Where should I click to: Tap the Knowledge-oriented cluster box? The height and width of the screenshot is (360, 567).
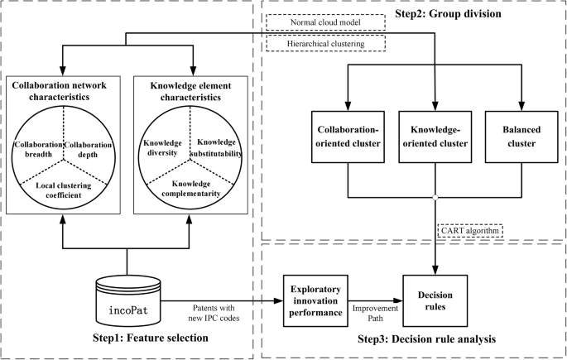[x=435, y=136]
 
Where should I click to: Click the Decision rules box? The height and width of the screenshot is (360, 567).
[x=435, y=295]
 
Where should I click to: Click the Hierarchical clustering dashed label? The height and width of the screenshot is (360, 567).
[x=329, y=43]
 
